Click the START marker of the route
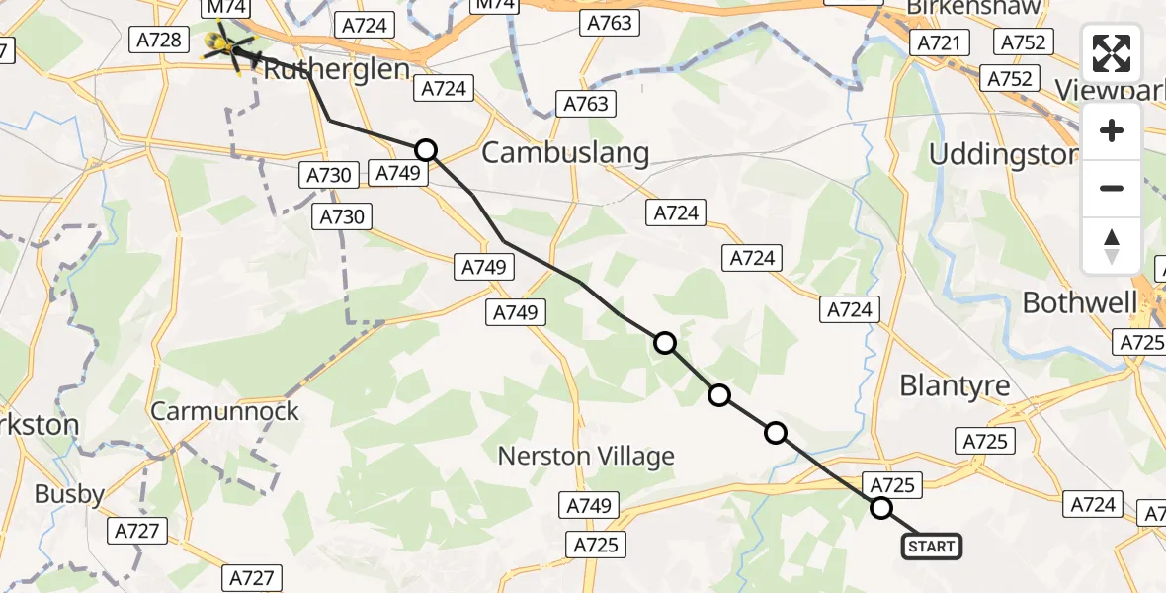931,546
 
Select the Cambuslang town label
565,153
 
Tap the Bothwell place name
1080,302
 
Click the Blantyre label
955,385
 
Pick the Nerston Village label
586,456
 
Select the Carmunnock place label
224,411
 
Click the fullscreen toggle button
1112,53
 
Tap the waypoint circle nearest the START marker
880,508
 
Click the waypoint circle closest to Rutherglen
425,150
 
